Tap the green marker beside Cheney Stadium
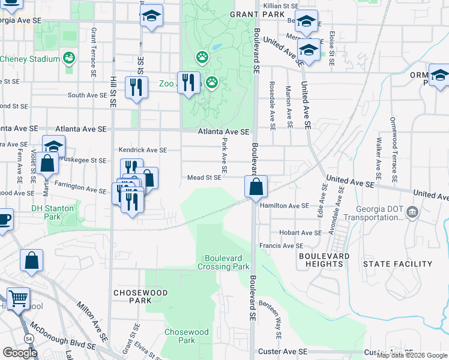coord(69,58)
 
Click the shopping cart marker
coord(18,298)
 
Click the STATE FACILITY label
coord(397,264)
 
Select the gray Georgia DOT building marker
coord(412,211)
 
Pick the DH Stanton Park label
coord(53,212)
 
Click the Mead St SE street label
coord(204,178)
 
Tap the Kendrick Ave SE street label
coord(142,150)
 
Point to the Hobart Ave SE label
coord(300,233)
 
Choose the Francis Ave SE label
coord(281,246)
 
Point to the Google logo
coord(20,352)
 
